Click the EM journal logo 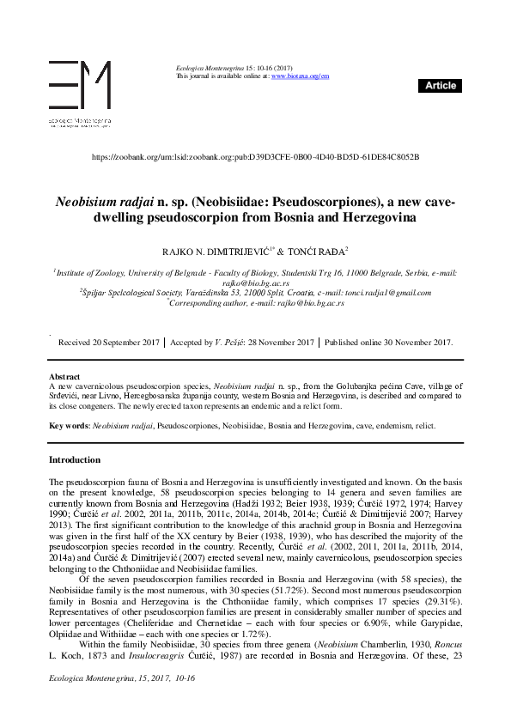[79, 86]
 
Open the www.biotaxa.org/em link [300, 76]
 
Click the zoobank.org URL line [254, 157]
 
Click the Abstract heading [64, 377]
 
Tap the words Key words [68, 426]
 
